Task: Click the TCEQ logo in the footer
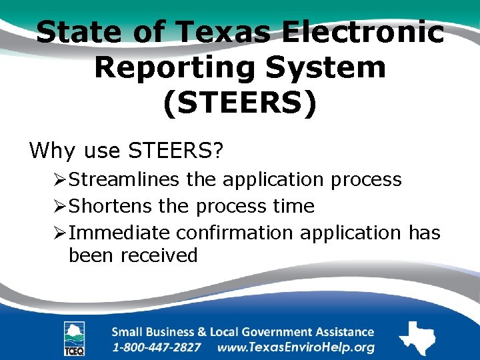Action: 74,338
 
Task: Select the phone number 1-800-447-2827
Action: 156,348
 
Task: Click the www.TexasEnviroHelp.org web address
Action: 296,348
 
